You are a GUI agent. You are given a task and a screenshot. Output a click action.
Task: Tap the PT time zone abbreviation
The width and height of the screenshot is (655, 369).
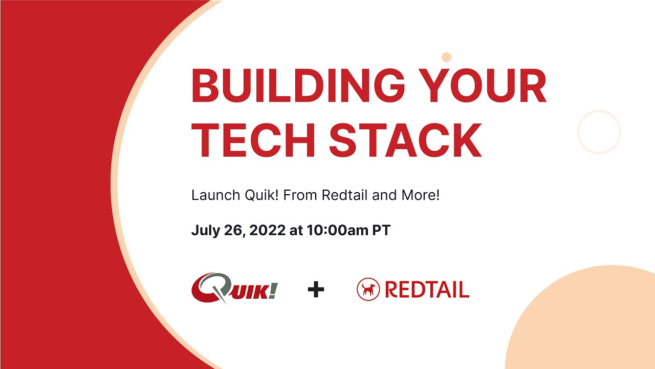pos(381,231)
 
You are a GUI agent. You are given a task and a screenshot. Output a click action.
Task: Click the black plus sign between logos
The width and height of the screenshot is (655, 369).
pos(316,290)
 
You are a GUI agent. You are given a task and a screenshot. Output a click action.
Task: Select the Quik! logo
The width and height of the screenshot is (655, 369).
pos(234,288)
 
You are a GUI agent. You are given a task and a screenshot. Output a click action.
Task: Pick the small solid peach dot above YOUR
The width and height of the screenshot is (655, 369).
pos(446,57)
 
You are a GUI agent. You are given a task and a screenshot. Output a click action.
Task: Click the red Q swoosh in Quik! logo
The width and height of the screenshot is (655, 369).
pos(206,287)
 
